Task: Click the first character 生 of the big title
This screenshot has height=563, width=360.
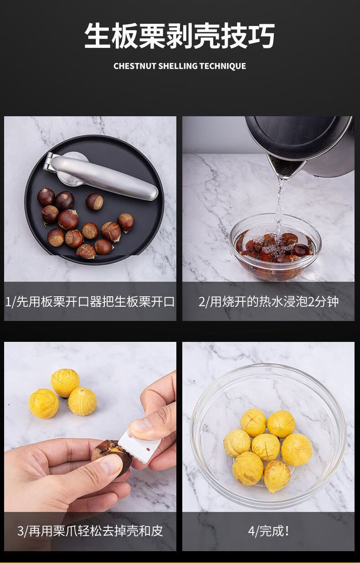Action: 98,36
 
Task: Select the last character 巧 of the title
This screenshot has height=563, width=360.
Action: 261,36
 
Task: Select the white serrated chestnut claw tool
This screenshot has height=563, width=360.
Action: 139,445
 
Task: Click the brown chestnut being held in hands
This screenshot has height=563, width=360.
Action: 111,455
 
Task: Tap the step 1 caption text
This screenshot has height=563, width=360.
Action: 90,301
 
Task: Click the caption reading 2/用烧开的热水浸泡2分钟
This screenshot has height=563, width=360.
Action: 268,301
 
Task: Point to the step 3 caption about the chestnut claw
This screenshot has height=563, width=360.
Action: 90,531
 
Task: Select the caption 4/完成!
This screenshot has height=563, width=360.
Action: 268,531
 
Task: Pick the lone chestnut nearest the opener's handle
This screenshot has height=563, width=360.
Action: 94,201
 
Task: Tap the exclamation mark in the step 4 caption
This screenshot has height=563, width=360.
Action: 287,531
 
